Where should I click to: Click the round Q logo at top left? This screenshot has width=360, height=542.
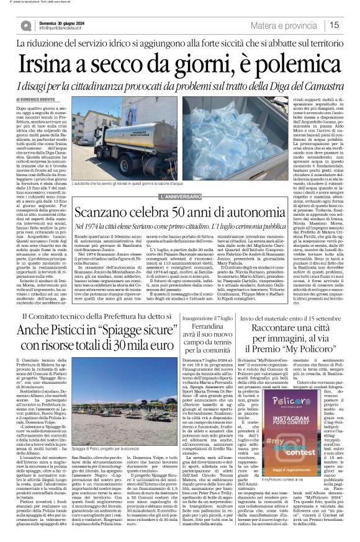point(26,25)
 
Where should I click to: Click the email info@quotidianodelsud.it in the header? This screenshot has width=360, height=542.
point(64,29)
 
